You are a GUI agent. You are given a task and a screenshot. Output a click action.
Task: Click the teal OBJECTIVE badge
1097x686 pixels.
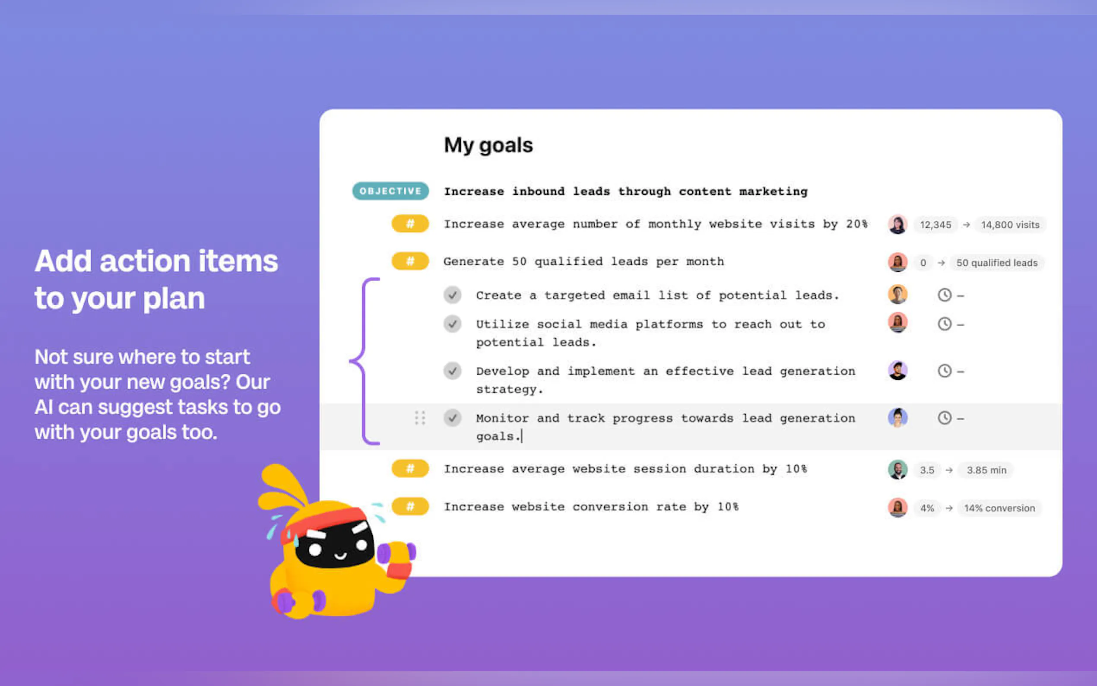390,191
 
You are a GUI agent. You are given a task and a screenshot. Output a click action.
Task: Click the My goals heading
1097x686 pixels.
488,145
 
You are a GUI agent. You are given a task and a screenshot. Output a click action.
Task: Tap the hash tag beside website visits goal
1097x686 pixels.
410,224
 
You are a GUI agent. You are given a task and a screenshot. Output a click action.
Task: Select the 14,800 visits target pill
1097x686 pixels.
1010,225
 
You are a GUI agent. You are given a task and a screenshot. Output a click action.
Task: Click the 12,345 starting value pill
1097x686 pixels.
935,225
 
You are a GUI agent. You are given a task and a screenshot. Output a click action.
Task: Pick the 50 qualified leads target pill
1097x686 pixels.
997,263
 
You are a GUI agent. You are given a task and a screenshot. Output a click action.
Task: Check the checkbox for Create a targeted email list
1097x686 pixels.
452,295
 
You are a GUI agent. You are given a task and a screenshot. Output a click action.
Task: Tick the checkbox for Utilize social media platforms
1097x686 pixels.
452,324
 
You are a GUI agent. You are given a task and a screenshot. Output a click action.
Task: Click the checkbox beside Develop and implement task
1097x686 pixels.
452,371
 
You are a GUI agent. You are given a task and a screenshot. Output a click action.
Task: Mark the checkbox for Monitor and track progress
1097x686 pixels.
452,417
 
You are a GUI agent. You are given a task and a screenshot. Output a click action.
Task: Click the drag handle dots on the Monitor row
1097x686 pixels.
420,418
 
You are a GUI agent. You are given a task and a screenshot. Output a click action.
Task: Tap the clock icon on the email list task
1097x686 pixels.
944,295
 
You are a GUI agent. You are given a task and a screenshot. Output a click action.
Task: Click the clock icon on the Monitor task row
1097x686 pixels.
944,417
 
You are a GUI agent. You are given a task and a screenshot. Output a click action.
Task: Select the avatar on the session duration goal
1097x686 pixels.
897,470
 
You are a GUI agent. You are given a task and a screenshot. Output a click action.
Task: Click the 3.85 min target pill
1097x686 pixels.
986,470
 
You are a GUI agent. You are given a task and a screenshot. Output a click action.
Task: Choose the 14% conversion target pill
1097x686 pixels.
999,508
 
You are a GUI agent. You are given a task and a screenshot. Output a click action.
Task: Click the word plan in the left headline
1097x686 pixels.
174,299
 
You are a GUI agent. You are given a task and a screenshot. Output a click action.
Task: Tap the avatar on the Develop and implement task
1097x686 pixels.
897,370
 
